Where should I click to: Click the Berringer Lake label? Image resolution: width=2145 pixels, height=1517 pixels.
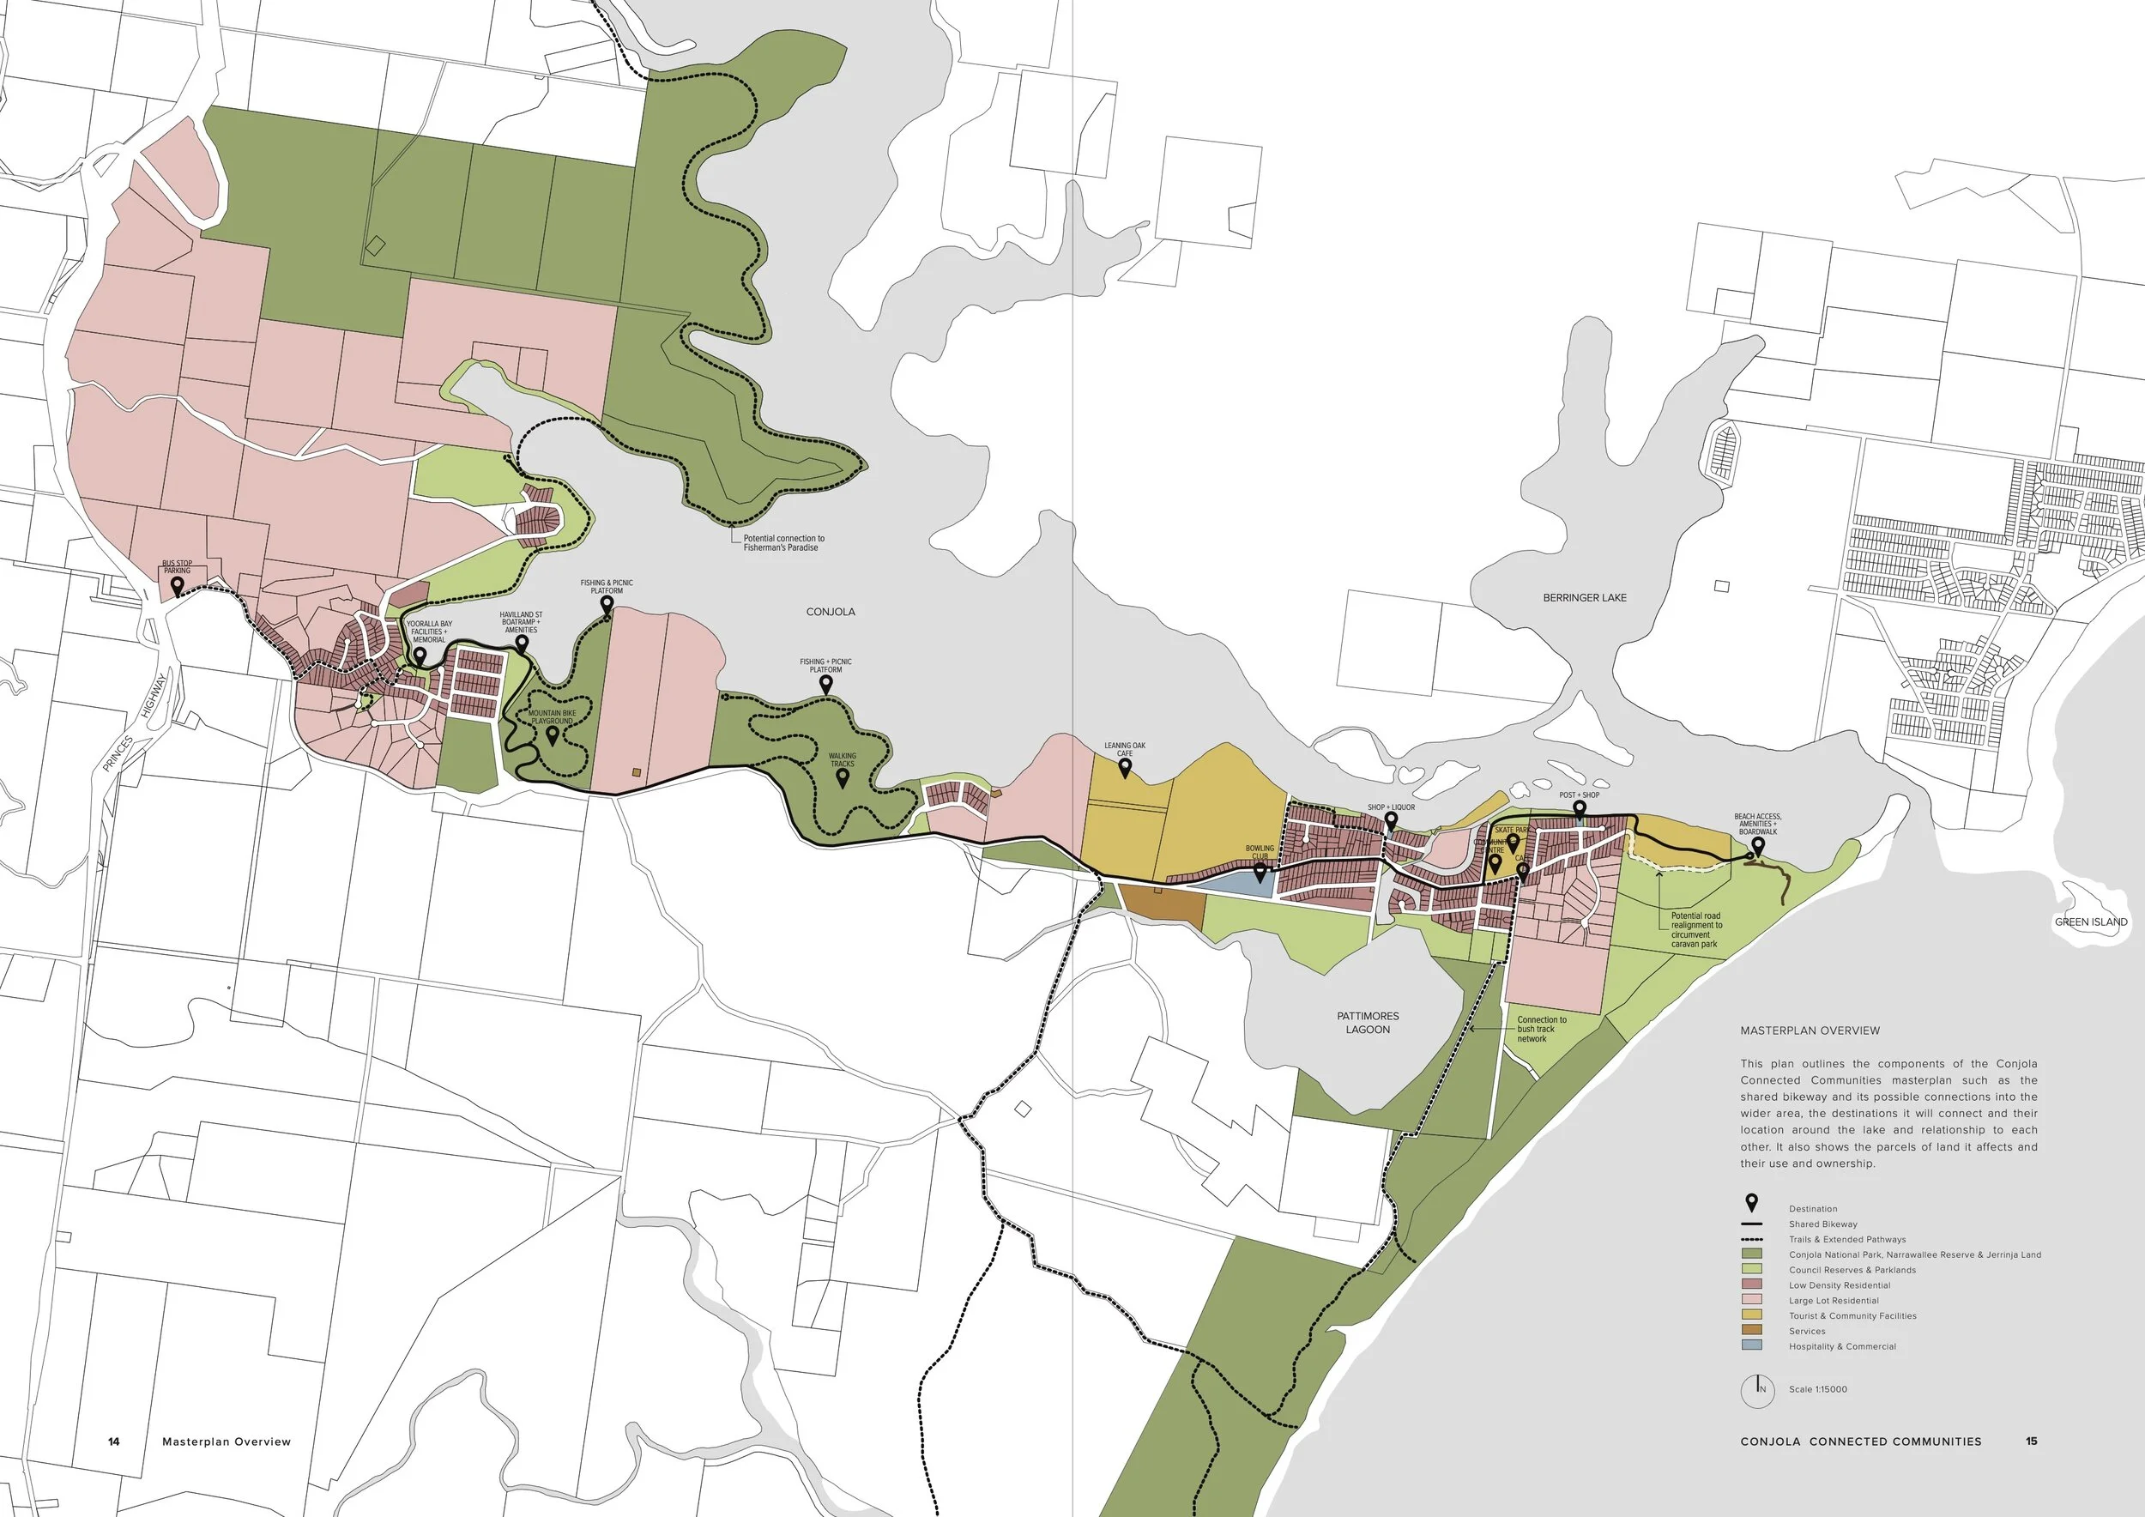tap(1585, 598)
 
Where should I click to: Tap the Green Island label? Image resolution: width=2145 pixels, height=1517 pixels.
tap(2091, 922)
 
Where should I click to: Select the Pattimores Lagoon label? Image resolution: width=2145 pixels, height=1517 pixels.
tap(1368, 1022)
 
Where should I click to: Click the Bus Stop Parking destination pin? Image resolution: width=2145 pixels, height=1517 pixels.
tap(177, 587)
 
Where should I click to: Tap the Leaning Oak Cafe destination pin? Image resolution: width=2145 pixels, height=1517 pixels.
tap(1125, 768)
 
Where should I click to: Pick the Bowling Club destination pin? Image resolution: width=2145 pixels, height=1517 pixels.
tap(1260, 873)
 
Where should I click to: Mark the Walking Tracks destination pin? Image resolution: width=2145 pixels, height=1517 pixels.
tap(842, 778)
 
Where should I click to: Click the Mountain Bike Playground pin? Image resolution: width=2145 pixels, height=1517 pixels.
tap(553, 735)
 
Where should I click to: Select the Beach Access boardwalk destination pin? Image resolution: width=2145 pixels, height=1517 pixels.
tap(1757, 846)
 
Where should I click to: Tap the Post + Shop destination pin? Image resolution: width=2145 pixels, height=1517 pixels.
tap(1579, 810)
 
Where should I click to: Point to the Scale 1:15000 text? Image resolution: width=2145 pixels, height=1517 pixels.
tap(1817, 1389)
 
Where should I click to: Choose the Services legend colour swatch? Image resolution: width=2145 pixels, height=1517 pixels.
tap(1752, 1331)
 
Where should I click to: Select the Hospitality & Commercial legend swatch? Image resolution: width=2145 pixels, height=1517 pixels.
tap(1752, 1346)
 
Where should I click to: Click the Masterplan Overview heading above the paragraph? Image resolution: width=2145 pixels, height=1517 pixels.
tap(1810, 1030)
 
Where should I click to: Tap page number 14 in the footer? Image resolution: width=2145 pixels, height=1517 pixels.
tap(114, 1441)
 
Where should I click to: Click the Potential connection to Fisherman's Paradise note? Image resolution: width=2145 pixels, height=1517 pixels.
tap(784, 543)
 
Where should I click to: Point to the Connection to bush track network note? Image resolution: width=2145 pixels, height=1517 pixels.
tap(1542, 1029)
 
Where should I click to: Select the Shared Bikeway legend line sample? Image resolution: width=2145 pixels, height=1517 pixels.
tap(1752, 1224)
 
